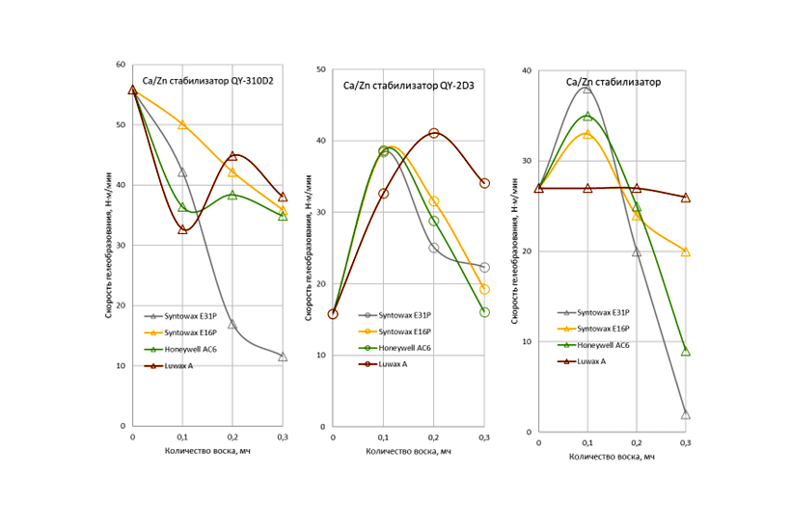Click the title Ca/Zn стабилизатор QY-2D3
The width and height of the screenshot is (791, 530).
[408, 86]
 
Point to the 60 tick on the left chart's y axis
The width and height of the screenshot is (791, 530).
[121, 65]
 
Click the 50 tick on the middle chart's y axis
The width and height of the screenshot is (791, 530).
[322, 70]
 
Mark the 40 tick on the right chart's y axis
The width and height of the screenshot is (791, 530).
[526, 70]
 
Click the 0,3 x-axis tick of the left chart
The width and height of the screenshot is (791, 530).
[282, 437]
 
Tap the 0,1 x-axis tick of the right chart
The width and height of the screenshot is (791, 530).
[587, 442]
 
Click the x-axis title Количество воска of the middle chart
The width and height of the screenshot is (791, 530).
[409, 452]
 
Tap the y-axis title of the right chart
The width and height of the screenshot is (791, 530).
[515, 252]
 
